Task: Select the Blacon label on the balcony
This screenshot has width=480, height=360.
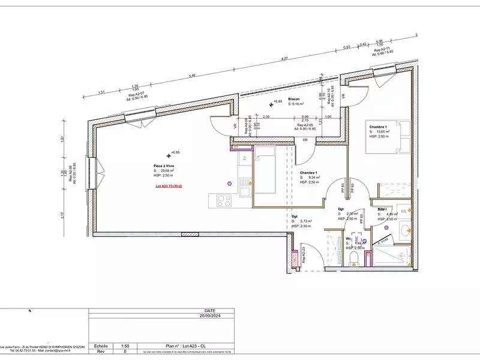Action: [x=293, y=98]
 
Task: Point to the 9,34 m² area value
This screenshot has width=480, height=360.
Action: [x=314, y=178]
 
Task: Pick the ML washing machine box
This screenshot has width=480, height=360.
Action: [x=404, y=211]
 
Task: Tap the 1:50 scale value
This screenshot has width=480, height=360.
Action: [x=125, y=346]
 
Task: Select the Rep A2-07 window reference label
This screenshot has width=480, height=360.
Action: [x=135, y=94]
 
